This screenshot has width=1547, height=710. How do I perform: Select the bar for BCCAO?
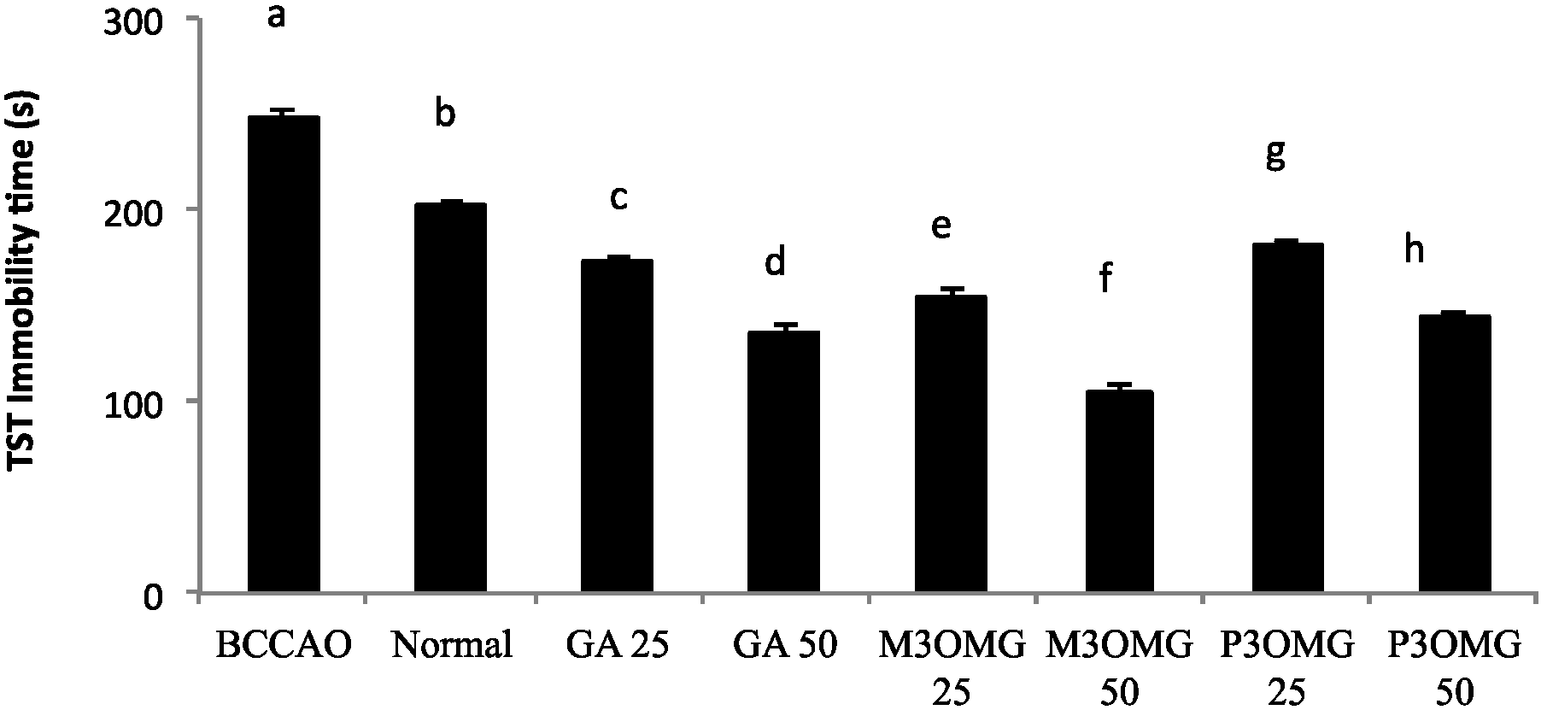pyautogui.click(x=283, y=354)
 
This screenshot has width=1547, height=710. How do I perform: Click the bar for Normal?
pyautogui.click(x=450, y=397)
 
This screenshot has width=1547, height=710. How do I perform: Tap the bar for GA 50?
pyautogui.click(x=783, y=461)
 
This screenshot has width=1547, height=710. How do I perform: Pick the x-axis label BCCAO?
pyautogui.click(x=284, y=646)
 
